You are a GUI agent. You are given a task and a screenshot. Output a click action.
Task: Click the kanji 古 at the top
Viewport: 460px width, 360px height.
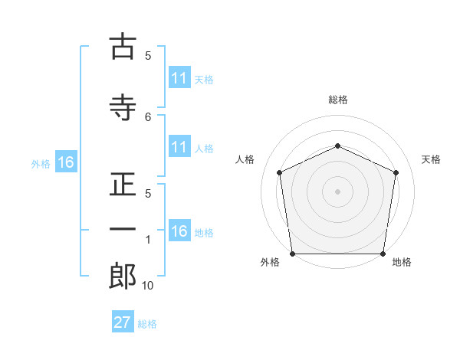coord(123,46)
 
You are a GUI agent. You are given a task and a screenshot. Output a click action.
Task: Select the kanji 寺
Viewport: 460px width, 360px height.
coord(123,107)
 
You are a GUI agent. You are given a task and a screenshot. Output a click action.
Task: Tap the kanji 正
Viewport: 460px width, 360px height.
coord(123,184)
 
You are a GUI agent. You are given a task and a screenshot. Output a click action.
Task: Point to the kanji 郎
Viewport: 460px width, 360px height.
coord(123,276)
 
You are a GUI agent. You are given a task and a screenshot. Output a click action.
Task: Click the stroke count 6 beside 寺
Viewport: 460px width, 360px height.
coord(148,117)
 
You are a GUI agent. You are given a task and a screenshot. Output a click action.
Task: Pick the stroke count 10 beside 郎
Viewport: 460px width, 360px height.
coord(147,286)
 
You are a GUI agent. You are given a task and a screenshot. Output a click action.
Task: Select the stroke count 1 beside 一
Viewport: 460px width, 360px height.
coord(148,240)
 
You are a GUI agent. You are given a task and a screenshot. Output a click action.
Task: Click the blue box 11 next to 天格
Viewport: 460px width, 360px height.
coord(179,77)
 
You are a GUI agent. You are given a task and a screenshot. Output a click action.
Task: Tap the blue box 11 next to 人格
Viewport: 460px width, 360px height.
coord(179,146)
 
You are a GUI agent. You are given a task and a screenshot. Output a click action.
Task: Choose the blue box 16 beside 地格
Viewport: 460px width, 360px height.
coord(179,230)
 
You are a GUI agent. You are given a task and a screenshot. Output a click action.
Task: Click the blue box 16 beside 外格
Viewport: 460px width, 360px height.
coord(66,162)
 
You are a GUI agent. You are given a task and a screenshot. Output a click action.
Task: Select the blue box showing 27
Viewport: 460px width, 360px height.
coord(123,321)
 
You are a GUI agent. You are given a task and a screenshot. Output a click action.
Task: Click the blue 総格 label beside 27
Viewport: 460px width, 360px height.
coord(147,324)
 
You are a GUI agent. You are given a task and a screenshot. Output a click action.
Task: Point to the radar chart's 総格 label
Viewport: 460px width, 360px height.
coord(338,100)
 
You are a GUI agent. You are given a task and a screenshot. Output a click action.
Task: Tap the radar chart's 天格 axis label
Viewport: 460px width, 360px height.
coord(431,159)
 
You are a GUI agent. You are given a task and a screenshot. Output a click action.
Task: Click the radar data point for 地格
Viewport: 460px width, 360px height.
coord(383,254)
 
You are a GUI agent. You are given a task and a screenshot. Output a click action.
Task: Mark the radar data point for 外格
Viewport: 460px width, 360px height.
coord(293,254)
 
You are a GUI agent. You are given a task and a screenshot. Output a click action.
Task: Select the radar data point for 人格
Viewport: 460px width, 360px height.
coord(280,172)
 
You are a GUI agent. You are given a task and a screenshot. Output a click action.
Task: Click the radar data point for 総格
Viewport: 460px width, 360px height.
coord(337,146)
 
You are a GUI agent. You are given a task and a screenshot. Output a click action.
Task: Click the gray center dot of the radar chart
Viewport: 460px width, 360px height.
coord(337,191)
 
